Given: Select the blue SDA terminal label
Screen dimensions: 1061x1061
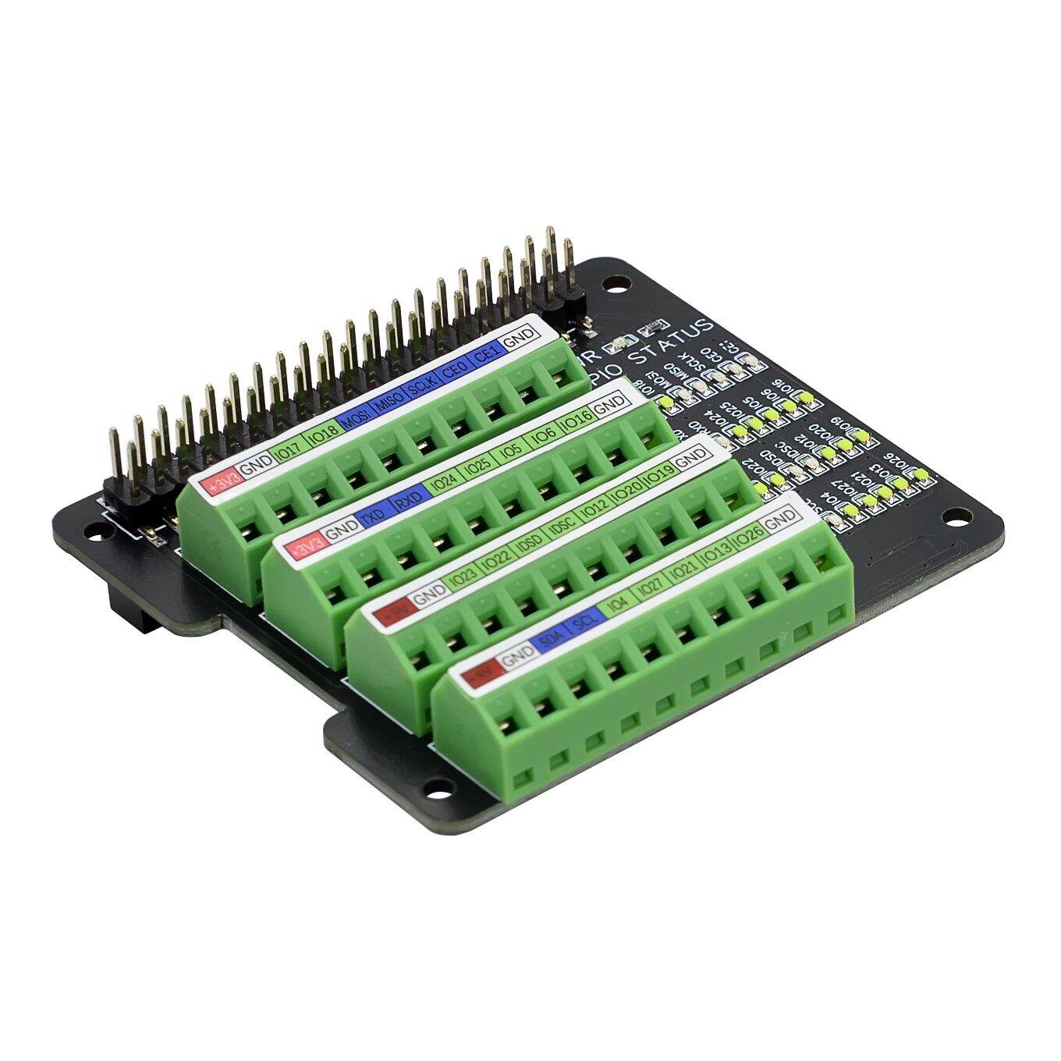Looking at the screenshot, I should [x=551, y=640].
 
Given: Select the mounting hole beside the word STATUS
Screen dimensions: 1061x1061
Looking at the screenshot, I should [x=621, y=284].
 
